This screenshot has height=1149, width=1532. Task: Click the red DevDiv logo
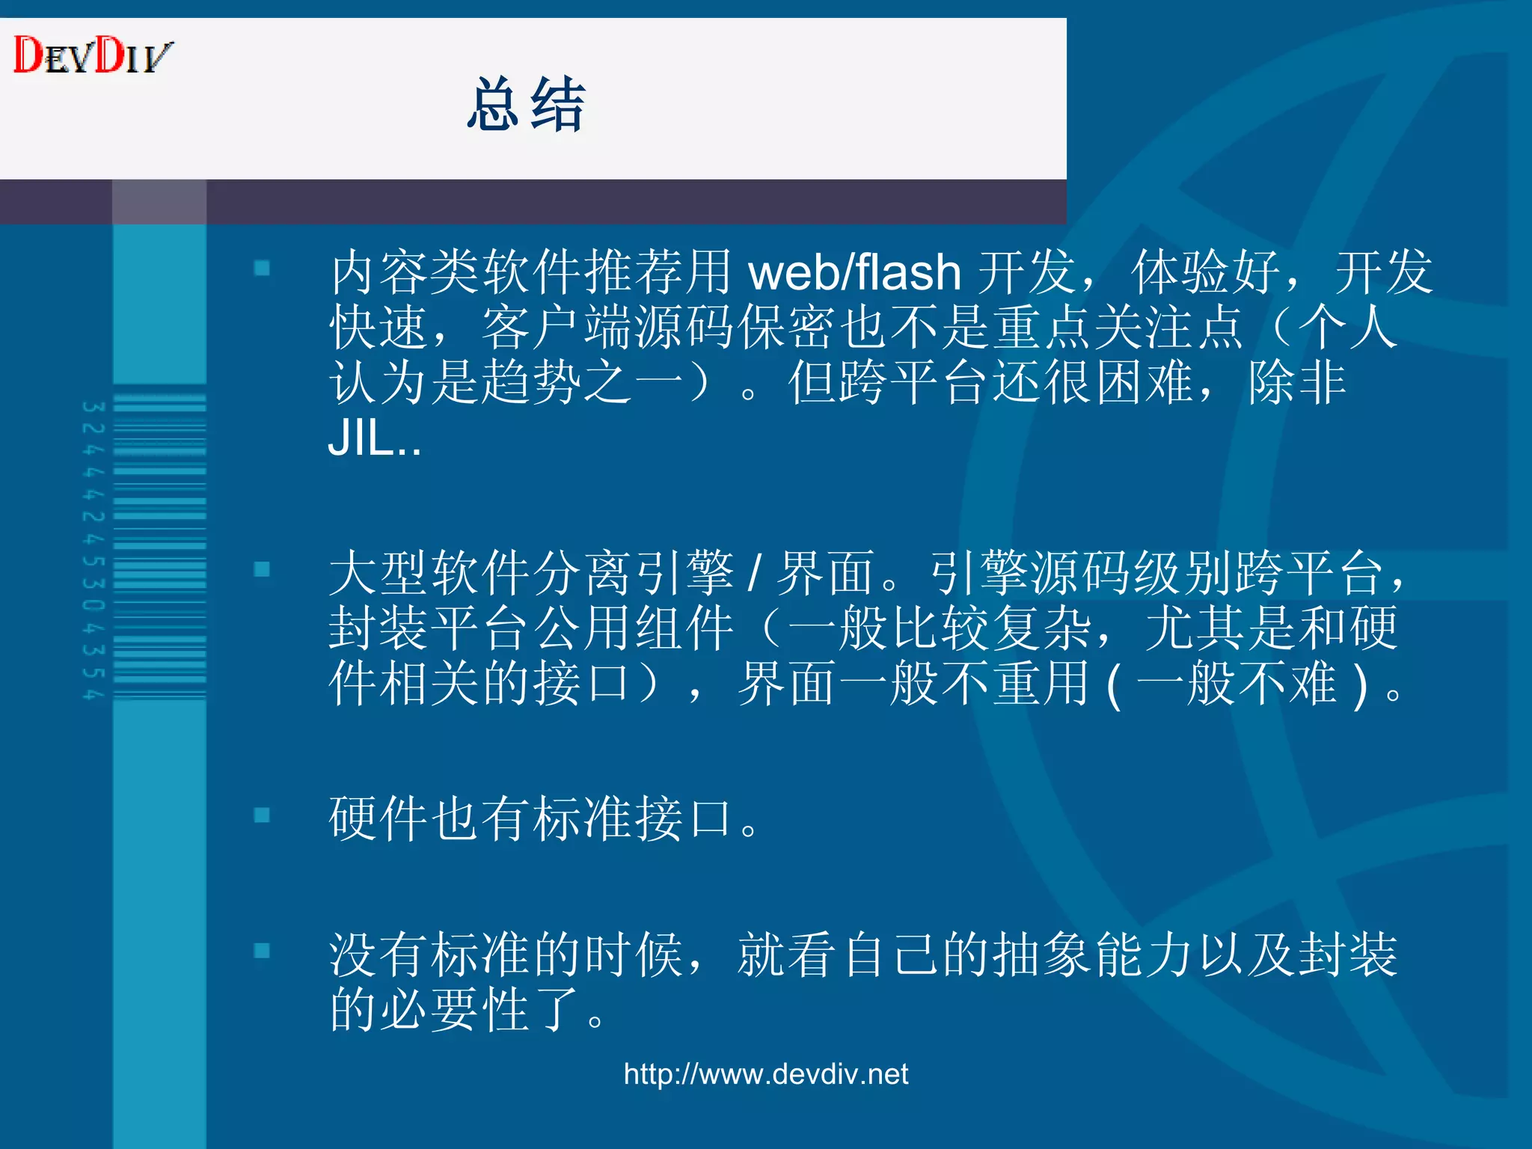93,55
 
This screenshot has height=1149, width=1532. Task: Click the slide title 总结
525,105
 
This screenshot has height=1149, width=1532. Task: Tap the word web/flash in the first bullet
854,272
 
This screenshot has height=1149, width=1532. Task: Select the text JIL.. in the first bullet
374,438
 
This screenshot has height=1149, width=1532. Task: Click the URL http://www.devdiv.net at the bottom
766,1074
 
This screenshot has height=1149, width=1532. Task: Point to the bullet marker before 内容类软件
262,268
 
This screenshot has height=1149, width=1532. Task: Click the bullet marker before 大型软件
262,570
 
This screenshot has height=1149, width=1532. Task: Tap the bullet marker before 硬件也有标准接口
262,815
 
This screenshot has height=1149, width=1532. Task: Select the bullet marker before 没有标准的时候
262,951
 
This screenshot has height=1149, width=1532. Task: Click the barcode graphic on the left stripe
159,546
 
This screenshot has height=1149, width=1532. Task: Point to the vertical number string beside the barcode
94,551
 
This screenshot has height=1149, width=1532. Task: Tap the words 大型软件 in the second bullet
429,573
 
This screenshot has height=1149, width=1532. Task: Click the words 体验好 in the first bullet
1205,272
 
